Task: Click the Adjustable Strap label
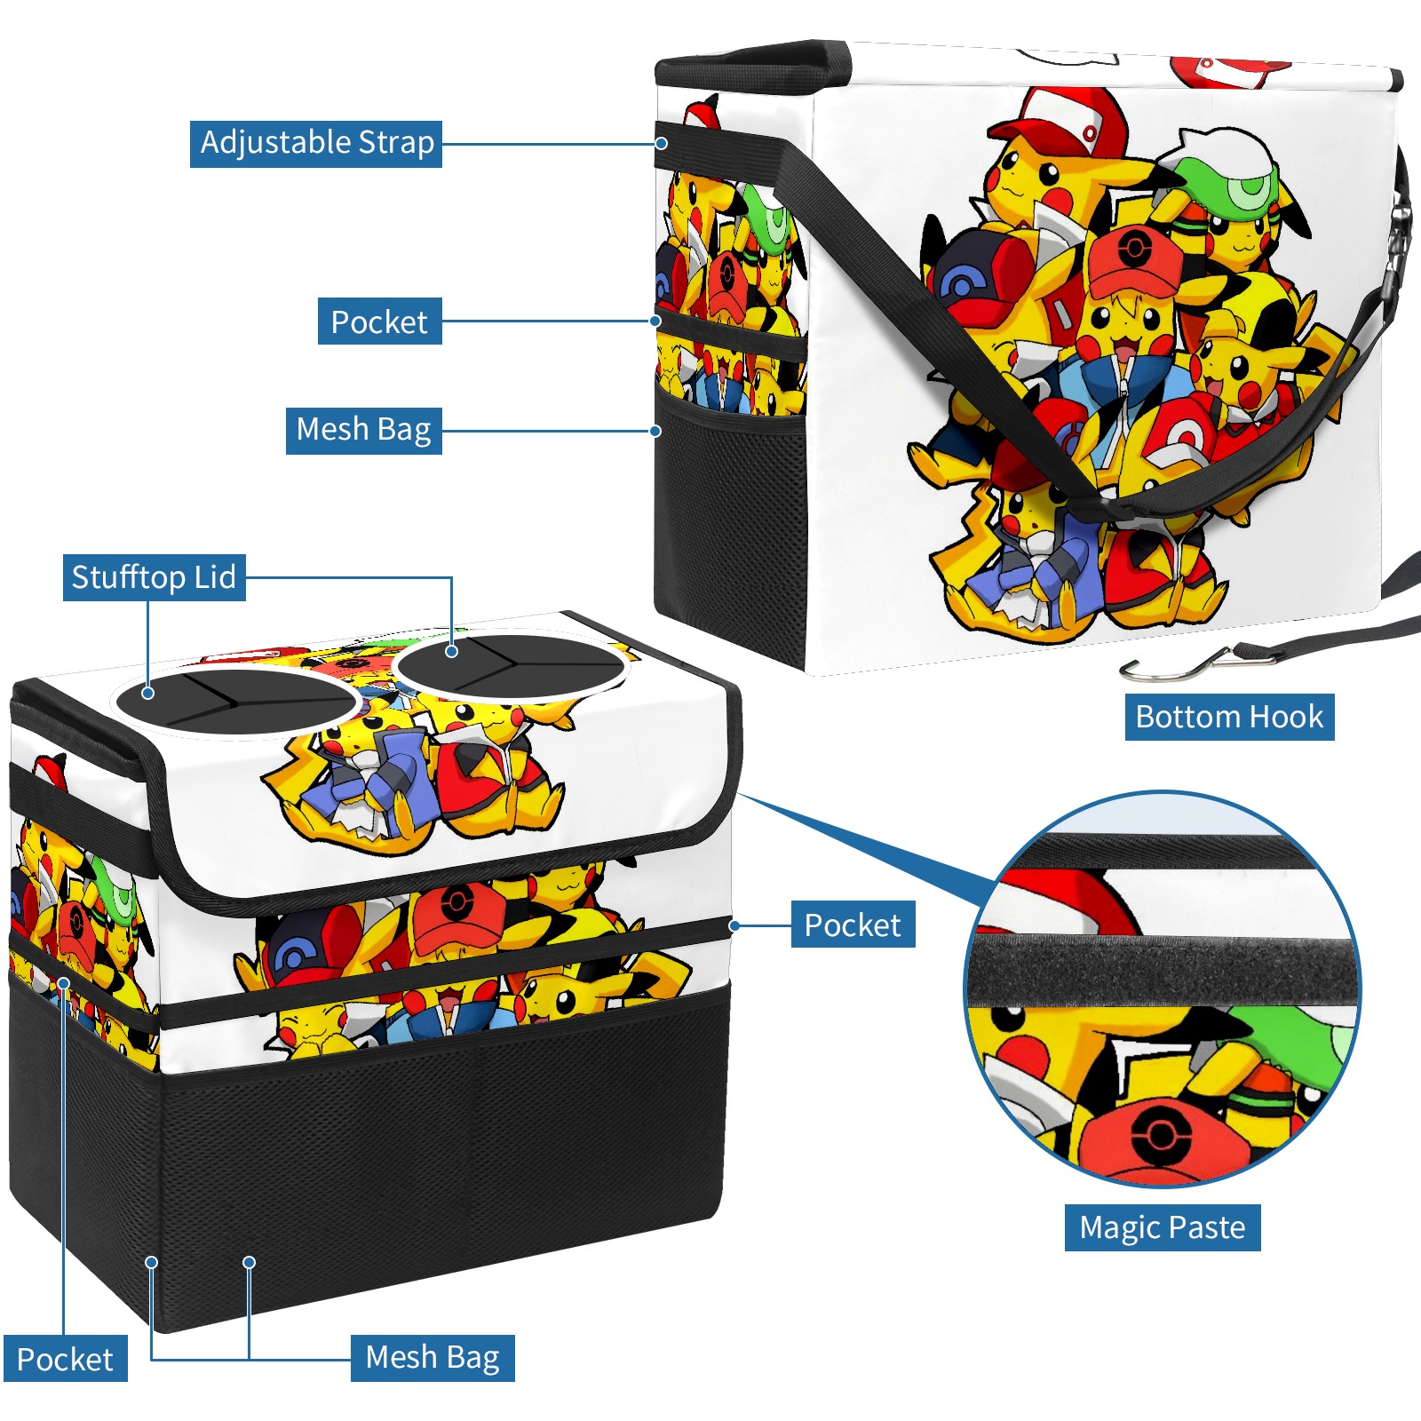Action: pos(316,144)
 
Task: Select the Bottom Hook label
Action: pos(1229,717)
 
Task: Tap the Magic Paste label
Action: pos(1163,1227)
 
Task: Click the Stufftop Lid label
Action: pos(155,577)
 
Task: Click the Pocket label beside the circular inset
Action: pos(853,925)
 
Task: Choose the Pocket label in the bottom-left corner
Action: pos(65,1359)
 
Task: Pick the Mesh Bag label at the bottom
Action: pos(433,1358)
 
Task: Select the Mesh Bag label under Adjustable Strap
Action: pos(363,431)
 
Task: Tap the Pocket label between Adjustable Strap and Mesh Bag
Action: pos(379,322)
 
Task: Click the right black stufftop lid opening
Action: pos(510,664)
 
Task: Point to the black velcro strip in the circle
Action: pos(1163,972)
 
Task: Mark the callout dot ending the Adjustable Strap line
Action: pos(662,143)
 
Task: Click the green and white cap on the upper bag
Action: pos(1230,169)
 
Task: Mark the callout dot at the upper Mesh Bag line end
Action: pos(655,431)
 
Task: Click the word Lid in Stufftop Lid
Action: pos(215,577)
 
